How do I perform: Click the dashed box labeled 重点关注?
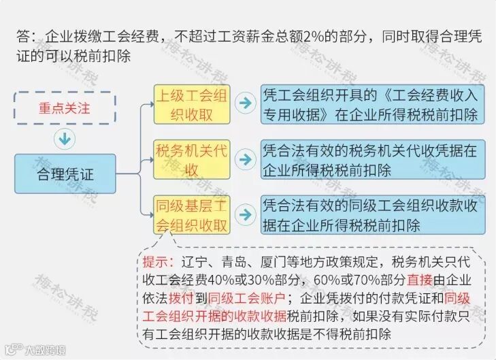tap(65, 108)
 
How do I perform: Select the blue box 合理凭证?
tap(65, 174)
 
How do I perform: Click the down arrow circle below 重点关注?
tap(65, 139)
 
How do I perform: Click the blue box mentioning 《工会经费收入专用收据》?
tap(372, 104)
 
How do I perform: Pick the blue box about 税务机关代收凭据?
tap(372, 159)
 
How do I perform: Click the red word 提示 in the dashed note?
tap(156, 262)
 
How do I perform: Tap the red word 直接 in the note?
tap(421, 280)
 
